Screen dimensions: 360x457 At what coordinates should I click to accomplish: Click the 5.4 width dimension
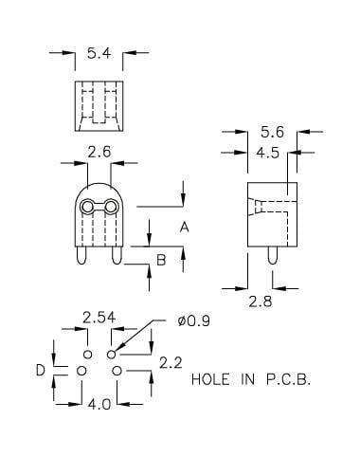(99, 53)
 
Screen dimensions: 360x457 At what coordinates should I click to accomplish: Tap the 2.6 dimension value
(99, 152)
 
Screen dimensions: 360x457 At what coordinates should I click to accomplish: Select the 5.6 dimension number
(272, 132)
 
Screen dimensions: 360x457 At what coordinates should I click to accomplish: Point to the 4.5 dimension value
(268, 153)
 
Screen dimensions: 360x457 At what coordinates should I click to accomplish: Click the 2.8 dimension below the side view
(261, 302)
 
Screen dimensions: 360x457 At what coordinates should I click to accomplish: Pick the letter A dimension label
(184, 228)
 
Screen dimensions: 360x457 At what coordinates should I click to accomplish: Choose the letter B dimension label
(161, 260)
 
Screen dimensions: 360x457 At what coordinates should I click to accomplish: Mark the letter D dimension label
(41, 370)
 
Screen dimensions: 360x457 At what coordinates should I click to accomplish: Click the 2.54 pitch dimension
(99, 318)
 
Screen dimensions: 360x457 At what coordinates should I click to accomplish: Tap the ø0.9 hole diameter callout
(194, 321)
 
